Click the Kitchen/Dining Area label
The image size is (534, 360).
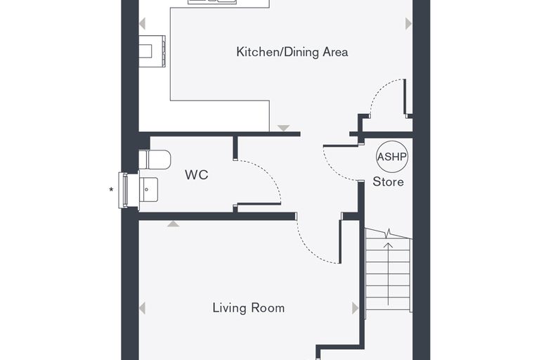(292, 52)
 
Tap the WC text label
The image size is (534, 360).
(197, 175)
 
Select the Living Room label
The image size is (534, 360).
(249, 308)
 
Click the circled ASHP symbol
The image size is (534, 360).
(392, 157)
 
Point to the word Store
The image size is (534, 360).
(389, 181)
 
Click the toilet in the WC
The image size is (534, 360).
(155, 160)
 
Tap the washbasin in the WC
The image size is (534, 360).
(149, 190)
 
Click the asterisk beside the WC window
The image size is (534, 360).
(111, 190)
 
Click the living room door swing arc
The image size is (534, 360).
(309, 250)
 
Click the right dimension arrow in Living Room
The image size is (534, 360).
(356, 308)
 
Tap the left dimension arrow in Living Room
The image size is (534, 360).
(143, 308)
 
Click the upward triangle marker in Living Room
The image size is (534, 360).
(173, 224)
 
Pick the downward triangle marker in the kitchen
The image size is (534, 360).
(283, 128)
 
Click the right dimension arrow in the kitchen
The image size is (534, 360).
(409, 23)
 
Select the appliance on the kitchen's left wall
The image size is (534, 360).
(152, 51)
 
